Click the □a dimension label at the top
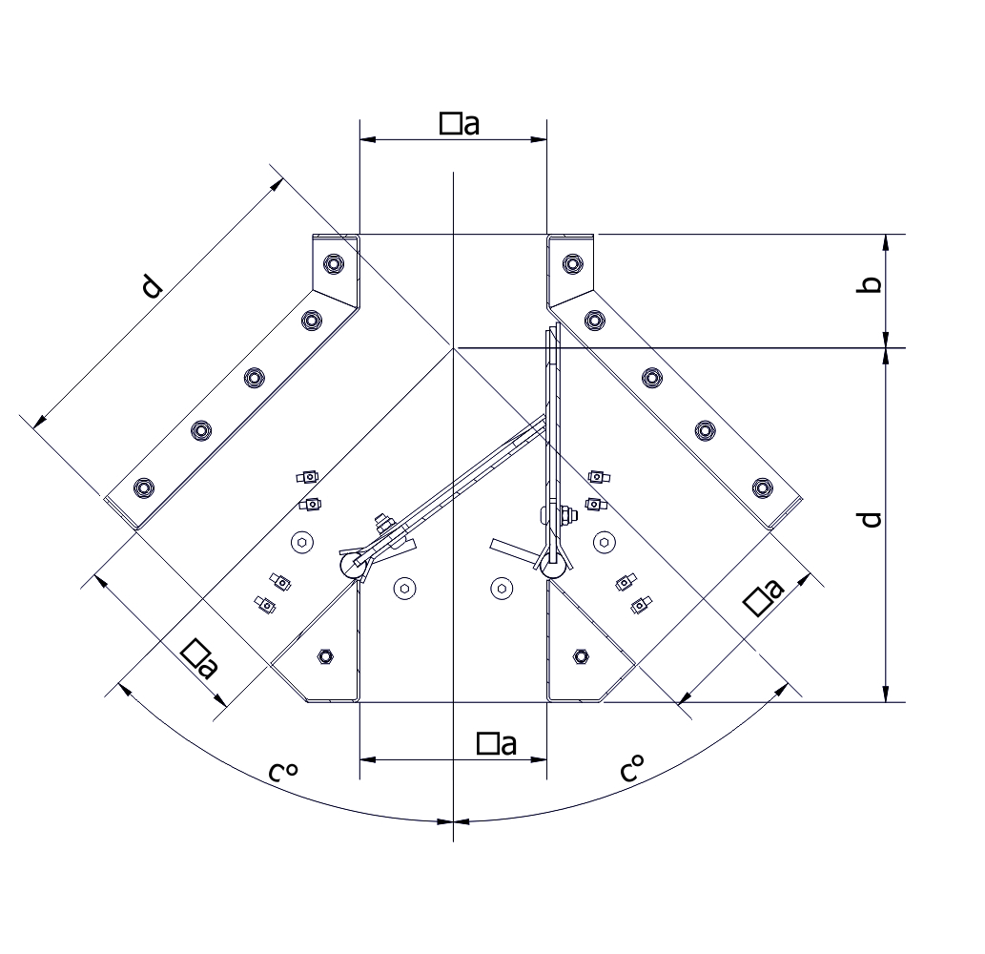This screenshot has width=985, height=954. point(460,123)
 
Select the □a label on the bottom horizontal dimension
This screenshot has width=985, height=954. point(496,743)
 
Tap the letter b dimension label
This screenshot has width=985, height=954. point(870,284)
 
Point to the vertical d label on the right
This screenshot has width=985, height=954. point(870,520)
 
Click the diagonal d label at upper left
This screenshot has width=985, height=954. point(151,286)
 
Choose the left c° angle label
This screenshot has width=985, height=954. point(282,771)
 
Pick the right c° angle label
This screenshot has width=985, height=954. point(631,768)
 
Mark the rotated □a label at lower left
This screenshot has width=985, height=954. point(199,659)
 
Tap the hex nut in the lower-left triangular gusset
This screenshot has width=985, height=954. point(325,656)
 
